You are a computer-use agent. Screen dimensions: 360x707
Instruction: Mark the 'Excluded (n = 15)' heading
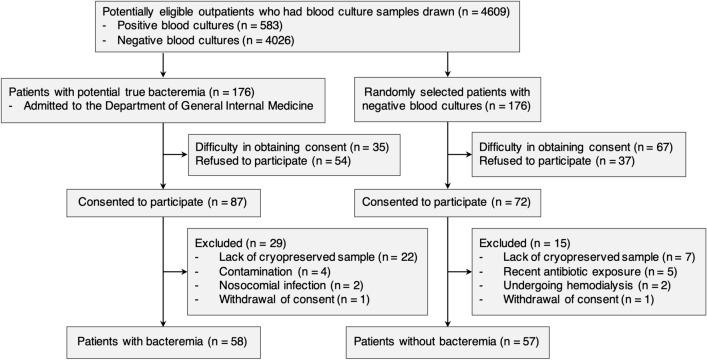tap(513, 243)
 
